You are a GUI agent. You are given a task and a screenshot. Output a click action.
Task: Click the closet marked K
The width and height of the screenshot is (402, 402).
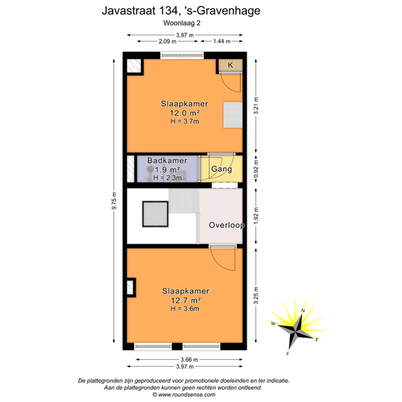click(230, 65)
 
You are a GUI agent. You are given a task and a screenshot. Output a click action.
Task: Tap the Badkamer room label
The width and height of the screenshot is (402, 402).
click(167, 161)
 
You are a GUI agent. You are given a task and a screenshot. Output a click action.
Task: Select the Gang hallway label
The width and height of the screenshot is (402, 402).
click(221, 169)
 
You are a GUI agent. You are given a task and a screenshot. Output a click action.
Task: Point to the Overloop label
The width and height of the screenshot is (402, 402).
click(227, 225)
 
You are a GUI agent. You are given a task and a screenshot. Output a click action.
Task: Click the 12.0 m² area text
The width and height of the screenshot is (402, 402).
click(185, 113)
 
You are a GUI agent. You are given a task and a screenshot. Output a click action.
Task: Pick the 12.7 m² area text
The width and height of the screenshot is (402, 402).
click(186, 300)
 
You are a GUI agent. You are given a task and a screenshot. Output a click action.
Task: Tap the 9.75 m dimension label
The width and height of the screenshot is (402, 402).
click(114, 201)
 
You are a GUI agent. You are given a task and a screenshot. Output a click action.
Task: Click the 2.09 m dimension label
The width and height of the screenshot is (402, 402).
click(167, 41)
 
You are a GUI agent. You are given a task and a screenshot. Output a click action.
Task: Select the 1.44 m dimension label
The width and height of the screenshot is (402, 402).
click(221, 41)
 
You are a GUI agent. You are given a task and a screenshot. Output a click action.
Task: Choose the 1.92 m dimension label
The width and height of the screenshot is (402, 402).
click(256, 216)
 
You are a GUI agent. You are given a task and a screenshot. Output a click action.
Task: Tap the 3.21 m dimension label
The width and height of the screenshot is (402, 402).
click(256, 106)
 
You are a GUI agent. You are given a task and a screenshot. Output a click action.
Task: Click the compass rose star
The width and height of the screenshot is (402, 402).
click(296, 331)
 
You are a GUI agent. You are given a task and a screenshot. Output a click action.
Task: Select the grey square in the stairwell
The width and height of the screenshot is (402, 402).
click(155, 214)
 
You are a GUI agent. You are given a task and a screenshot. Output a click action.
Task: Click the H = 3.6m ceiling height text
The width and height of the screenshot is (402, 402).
click(185, 309)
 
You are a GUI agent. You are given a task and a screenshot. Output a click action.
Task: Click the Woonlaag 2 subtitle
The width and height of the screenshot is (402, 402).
click(182, 23)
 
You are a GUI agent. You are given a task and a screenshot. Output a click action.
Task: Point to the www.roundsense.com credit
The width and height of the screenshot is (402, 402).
click(184, 395)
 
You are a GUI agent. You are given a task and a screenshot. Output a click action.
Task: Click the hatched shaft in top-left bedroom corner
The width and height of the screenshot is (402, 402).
click(134, 66)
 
